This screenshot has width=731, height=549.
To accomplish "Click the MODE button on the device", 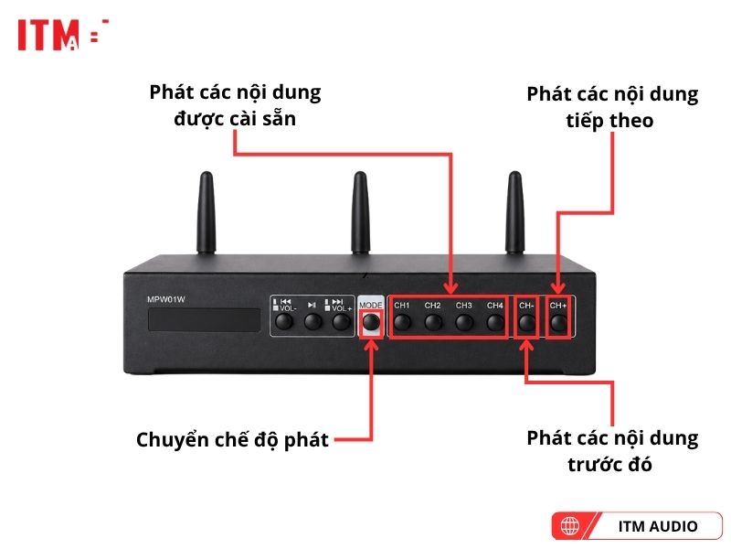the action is pos(371,322).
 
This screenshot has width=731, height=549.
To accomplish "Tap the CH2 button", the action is pos(433,322).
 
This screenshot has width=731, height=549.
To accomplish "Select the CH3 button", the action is pos(464,322).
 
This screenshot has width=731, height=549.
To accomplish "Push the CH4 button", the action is pos(495,322).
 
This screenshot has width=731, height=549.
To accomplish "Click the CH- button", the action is pos(527,322).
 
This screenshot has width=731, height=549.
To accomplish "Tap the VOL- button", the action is pos(284,322).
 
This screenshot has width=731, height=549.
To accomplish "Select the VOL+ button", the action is pos(341,322).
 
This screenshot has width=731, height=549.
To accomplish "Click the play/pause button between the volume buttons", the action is pos(313,322).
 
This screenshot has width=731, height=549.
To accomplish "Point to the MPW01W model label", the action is pos(166,300).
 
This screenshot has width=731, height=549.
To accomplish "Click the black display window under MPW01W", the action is pos(204,319).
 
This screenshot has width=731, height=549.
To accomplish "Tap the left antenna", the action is pos(207,212).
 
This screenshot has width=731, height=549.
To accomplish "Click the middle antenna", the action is pos(360,212).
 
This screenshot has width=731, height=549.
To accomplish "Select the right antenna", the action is pos(514,212).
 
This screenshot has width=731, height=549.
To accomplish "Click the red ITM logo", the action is pos(63,35).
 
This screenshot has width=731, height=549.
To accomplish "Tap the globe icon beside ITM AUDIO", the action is pos(569,526).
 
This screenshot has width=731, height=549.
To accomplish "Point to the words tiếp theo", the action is pos(609,121).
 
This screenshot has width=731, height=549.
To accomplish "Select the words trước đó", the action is pos(609,465).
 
